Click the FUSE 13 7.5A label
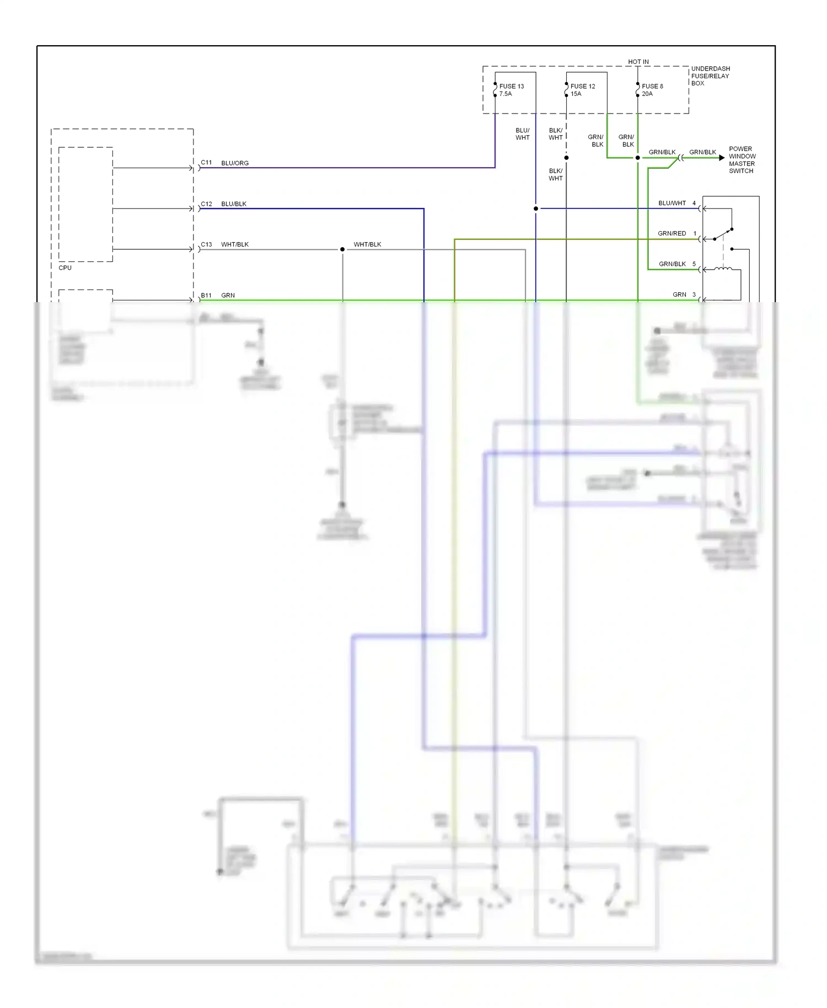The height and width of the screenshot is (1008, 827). point(511,90)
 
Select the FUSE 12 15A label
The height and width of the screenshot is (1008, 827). point(582,90)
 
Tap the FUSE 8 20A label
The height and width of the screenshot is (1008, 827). point(652,90)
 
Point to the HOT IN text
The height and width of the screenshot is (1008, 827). point(638,62)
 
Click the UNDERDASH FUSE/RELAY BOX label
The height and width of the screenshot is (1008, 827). point(710,76)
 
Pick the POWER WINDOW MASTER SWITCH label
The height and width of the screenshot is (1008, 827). point(742,160)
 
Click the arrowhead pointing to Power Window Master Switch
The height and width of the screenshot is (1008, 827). point(722,158)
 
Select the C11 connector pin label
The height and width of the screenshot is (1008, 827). point(206,163)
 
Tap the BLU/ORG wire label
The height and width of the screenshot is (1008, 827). point(235,163)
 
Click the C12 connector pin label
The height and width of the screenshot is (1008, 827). point(206,204)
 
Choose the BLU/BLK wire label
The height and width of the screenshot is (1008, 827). point(234,204)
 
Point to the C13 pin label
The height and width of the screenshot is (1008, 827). point(206,244)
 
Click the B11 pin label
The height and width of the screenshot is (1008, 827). point(206,296)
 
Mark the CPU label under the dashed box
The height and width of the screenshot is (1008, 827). point(65,268)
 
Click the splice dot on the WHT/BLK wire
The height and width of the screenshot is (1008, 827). point(342,249)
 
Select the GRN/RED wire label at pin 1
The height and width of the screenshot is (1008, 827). point(672,234)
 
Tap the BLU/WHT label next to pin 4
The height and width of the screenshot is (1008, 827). point(672,203)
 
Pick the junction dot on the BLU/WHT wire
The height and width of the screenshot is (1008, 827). point(536,208)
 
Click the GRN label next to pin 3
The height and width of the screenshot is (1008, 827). point(679,295)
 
